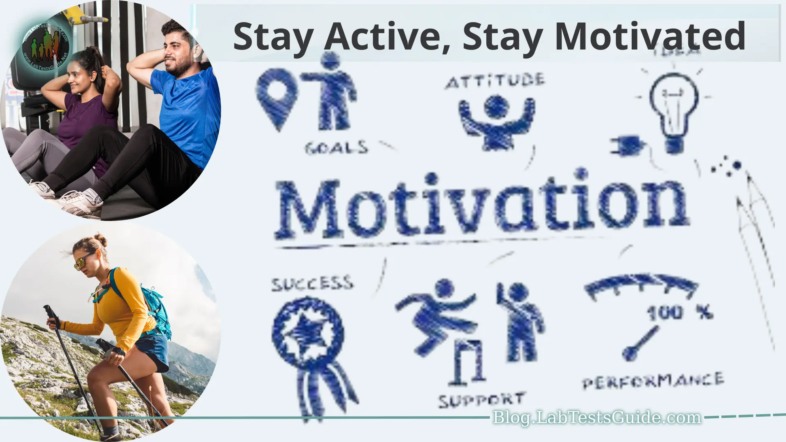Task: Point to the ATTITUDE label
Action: pyautogui.click(x=495, y=81)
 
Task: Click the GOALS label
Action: pyautogui.click(x=337, y=147)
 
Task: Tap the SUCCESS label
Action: pyautogui.click(x=312, y=284)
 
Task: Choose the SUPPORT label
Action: pyautogui.click(x=481, y=400)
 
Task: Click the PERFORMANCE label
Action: pyautogui.click(x=653, y=381)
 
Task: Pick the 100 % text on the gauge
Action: pyautogui.click(x=680, y=313)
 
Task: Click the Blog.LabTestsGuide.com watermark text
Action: pyautogui.click(x=596, y=417)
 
